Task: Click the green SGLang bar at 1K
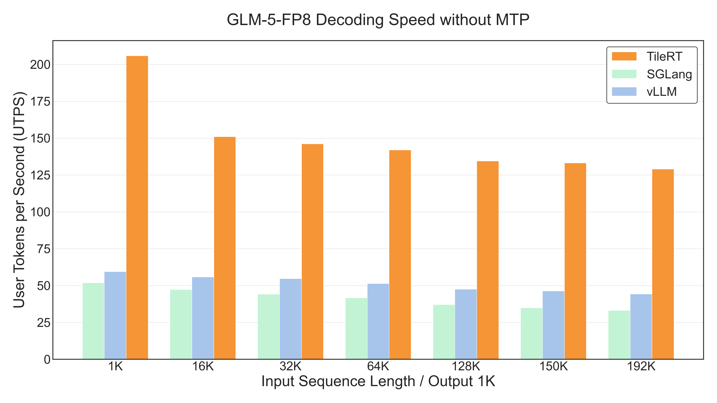click(93, 321)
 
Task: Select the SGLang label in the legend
click(669, 74)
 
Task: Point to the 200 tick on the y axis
click(40, 65)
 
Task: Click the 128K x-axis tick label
click(466, 367)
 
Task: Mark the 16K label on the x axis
click(203, 367)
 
